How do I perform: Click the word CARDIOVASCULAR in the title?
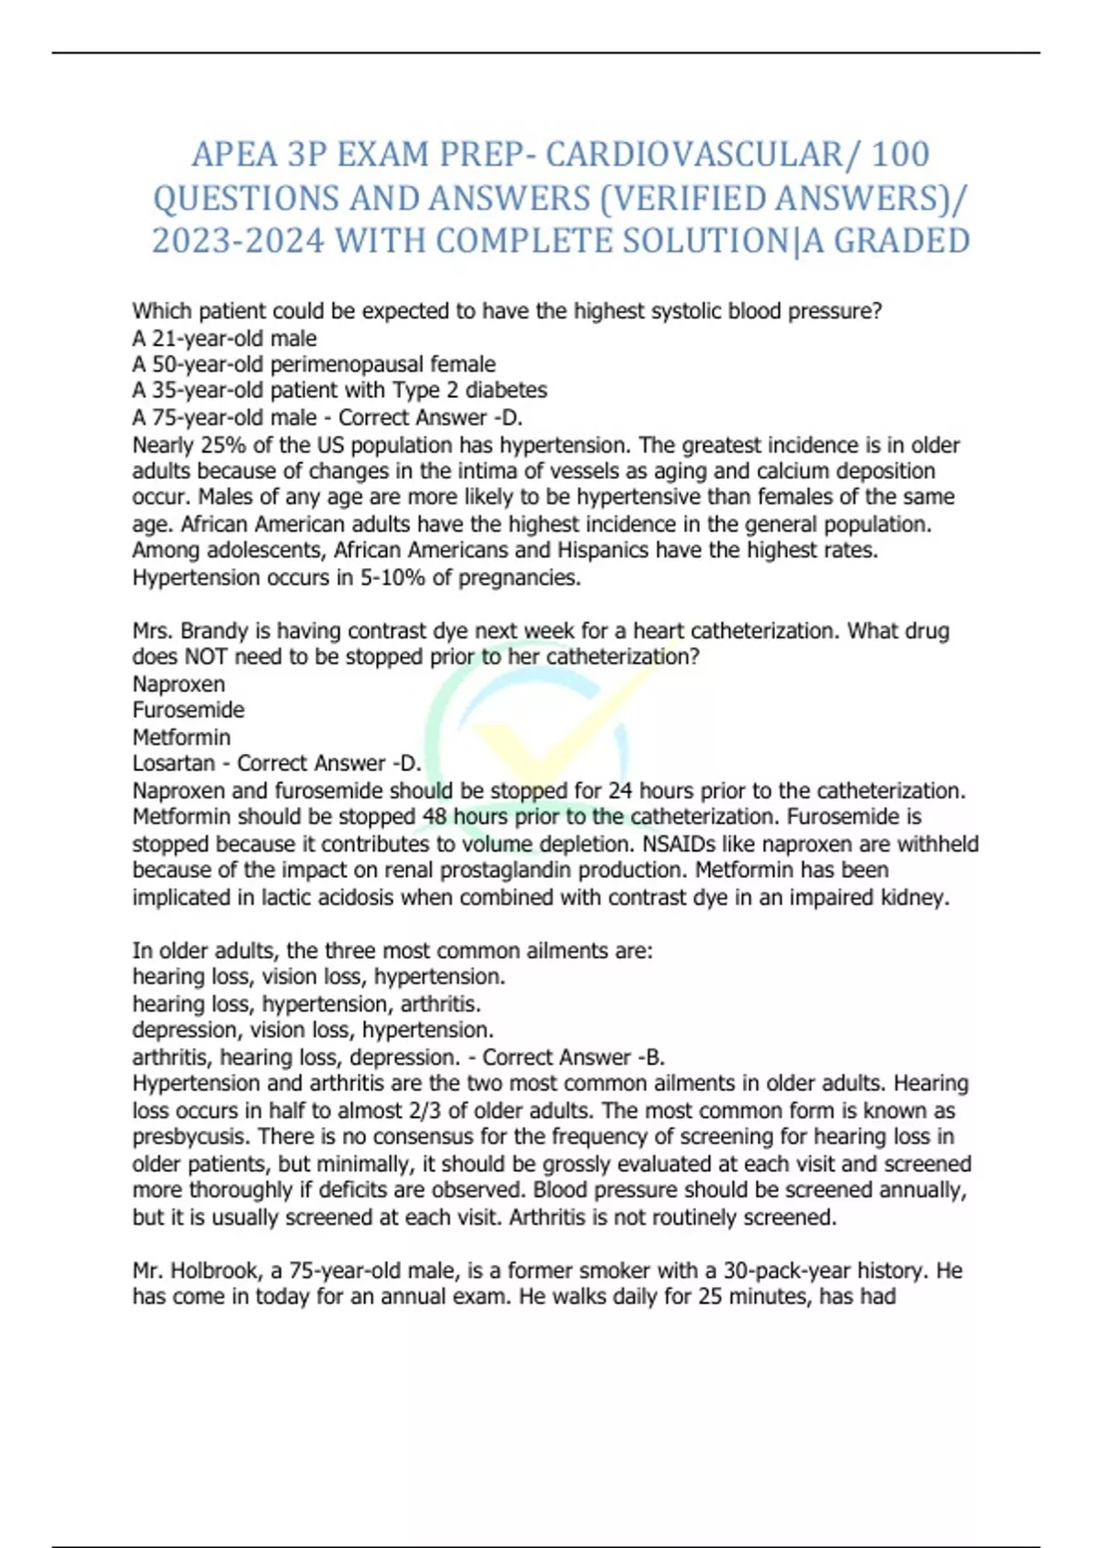(x=695, y=155)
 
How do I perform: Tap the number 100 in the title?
(x=900, y=155)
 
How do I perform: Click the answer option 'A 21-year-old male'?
(x=224, y=339)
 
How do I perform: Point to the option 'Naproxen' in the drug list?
(x=179, y=684)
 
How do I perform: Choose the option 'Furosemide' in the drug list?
(x=189, y=710)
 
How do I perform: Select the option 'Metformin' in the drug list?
(x=181, y=737)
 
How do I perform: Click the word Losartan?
(x=174, y=763)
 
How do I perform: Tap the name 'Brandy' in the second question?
(x=214, y=631)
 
